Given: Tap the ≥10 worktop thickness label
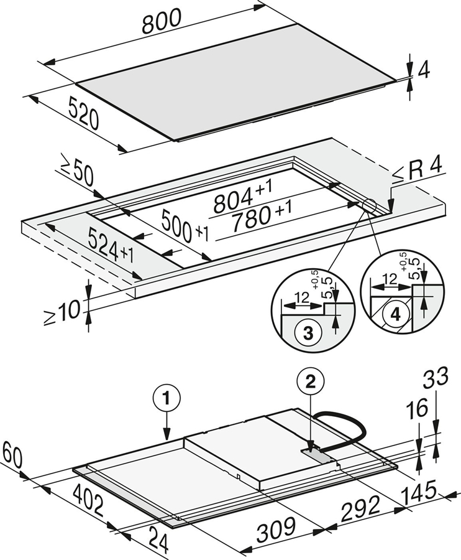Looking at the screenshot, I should [62, 308].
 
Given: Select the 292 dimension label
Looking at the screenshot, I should [360, 506].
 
